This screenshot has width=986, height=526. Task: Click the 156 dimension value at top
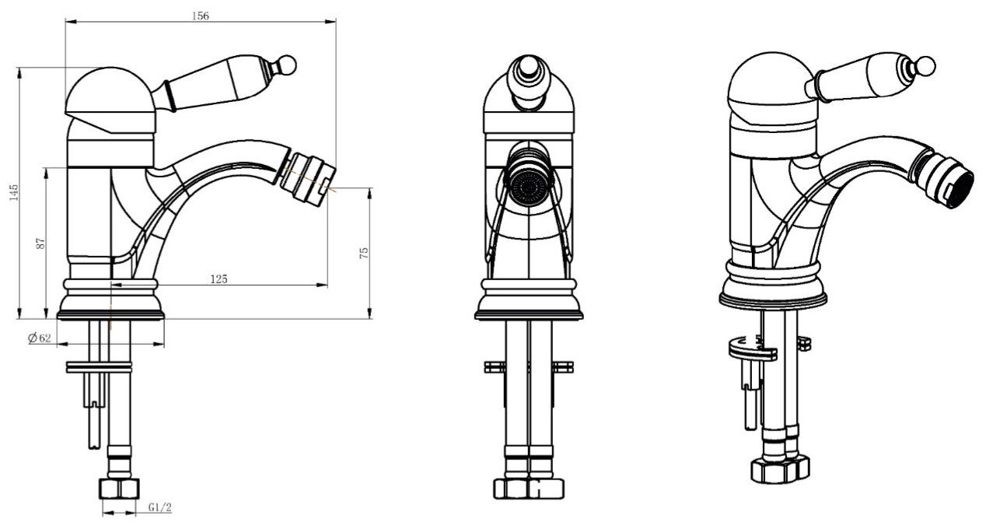click(x=200, y=16)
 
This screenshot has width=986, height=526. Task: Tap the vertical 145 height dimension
click(x=13, y=192)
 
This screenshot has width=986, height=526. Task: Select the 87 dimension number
click(x=41, y=243)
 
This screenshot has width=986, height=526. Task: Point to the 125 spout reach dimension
click(x=219, y=279)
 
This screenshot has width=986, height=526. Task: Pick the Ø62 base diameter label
click(x=39, y=338)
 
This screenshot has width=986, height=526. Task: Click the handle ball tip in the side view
click(x=287, y=63)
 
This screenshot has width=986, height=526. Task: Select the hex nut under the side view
click(x=120, y=489)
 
